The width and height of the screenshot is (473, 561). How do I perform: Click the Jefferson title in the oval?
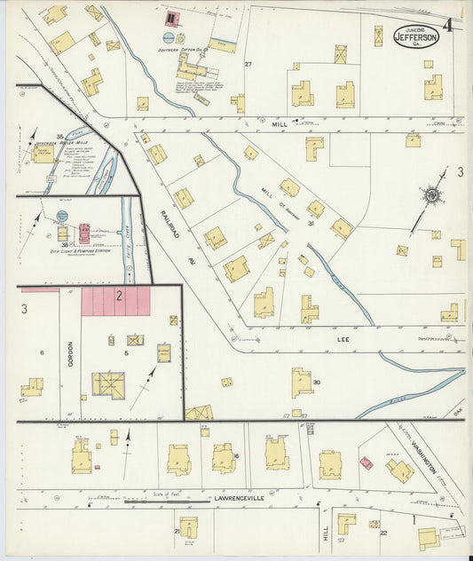pos(416,36)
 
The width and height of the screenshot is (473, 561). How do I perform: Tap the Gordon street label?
pos(70,355)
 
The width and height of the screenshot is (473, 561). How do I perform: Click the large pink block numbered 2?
pos(117,301)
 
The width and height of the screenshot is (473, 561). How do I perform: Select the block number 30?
pos(316,383)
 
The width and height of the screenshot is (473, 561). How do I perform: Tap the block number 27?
pos(248,64)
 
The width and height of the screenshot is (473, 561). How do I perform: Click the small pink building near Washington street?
pos(365,462)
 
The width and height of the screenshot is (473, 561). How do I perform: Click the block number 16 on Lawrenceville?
pos(236,455)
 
